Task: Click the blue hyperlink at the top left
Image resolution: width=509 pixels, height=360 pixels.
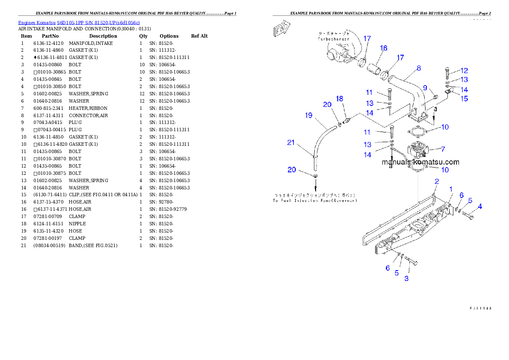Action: (x=79, y=22)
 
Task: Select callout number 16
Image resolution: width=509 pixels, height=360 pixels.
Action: (x=383, y=48)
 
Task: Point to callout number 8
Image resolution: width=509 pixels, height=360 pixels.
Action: (x=418, y=68)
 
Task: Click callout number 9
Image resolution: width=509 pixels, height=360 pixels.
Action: (x=425, y=88)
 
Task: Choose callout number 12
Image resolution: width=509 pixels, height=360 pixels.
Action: (x=464, y=71)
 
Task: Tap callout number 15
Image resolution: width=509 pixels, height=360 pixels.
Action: (x=464, y=98)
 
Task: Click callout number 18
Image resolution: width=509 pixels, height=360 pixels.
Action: (x=340, y=99)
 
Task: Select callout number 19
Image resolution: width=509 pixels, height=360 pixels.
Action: (x=309, y=115)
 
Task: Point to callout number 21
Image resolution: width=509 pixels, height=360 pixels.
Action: (x=291, y=142)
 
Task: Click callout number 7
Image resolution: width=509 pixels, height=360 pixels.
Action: (x=443, y=149)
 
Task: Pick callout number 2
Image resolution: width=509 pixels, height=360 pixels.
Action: (x=436, y=181)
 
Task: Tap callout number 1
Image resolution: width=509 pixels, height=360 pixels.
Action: (x=450, y=189)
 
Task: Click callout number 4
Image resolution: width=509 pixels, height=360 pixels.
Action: (x=480, y=207)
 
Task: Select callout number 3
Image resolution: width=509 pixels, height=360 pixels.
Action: (x=406, y=279)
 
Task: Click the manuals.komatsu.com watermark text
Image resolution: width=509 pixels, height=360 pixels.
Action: (x=420, y=162)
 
